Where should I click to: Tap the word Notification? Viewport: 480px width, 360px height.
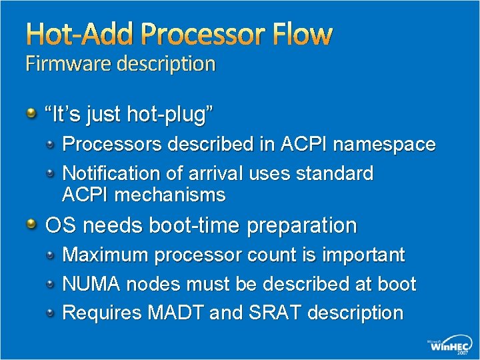[111, 173]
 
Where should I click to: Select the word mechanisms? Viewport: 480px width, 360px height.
[170, 195]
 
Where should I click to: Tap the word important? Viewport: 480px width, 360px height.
[363, 255]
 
